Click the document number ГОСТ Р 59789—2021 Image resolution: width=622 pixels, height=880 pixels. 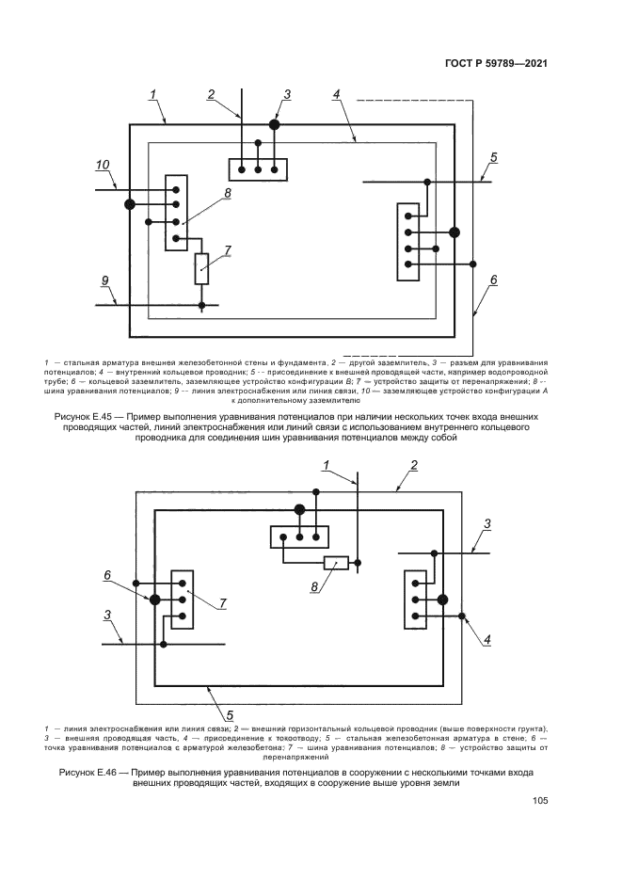coord(495,64)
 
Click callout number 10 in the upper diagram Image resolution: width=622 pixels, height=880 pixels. coord(103,166)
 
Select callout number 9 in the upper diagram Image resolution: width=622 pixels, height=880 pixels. coord(105,280)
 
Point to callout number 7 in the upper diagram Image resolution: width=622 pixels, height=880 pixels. coord(227,250)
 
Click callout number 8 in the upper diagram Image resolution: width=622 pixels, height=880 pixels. coord(227,193)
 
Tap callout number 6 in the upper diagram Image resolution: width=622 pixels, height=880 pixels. coord(493,280)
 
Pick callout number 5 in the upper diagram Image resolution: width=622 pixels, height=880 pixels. coord(493,156)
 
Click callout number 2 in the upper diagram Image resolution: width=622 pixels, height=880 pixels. coord(212,93)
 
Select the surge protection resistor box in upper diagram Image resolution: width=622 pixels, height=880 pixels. coord(202,268)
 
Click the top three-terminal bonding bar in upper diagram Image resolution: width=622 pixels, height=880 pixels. coord(258,168)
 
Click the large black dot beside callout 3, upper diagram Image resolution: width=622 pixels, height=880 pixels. coord(275,124)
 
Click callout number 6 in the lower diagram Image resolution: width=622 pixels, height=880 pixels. coord(107,575)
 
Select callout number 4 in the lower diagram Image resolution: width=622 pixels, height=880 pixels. coord(487,639)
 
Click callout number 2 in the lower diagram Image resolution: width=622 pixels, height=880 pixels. coord(412,465)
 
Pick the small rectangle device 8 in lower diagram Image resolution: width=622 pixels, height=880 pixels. coord(336,563)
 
